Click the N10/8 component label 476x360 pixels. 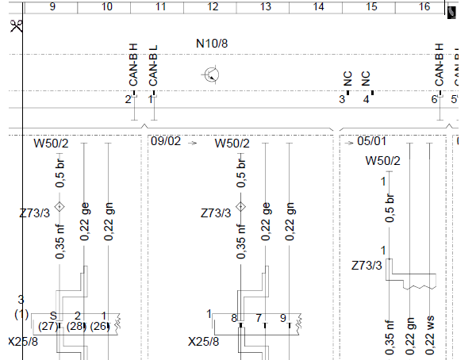[x=212, y=44]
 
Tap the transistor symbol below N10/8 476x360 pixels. [x=211, y=75]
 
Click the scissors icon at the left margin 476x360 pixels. [x=16, y=26]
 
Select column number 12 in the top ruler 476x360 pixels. [x=213, y=6]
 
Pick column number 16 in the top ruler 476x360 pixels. [x=424, y=6]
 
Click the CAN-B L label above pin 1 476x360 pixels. [x=153, y=66]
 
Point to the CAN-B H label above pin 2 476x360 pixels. [x=133, y=65]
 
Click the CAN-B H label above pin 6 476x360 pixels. [x=440, y=65]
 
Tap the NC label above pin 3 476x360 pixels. [x=347, y=79]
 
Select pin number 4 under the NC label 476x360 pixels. [x=366, y=99]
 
